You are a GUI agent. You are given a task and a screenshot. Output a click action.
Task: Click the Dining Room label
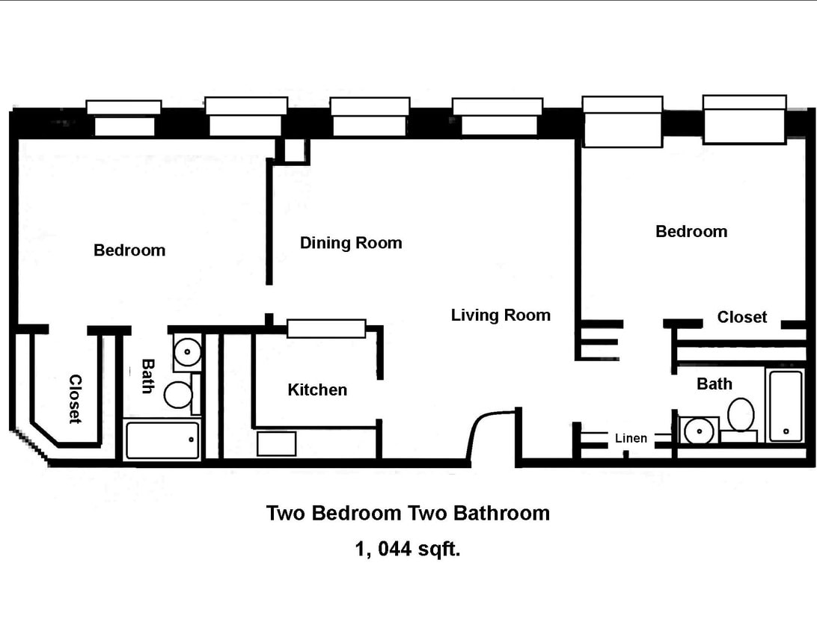pos(351,243)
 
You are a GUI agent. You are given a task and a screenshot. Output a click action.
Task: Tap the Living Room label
pos(501,315)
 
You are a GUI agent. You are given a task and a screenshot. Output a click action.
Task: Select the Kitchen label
pos(317,390)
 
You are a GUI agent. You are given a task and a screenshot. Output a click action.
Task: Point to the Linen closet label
pos(631,438)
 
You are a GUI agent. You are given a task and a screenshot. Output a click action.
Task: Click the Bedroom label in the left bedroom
pos(129,250)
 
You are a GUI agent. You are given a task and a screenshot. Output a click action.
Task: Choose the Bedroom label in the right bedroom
pos(691,232)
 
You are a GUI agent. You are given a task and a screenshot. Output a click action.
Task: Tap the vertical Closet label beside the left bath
pos(75,398)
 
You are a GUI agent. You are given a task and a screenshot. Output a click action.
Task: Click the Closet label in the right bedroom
pos(742,317)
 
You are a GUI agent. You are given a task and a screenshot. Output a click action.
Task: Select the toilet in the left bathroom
pos(180,394)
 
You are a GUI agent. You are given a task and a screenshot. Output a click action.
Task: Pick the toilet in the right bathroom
pos(741,416)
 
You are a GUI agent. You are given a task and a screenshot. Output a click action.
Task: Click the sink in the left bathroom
pos(187,350)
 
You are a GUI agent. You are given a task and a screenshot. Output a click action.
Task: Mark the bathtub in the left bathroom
pos(162,440)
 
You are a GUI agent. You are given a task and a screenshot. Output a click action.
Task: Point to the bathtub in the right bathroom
pos(785,405)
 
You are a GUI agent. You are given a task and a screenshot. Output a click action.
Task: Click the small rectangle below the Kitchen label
pos(276,443)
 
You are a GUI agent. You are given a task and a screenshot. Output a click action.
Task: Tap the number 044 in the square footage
pos(394,550)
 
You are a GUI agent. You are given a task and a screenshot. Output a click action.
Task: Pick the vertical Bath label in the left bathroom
pos(148,376)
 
